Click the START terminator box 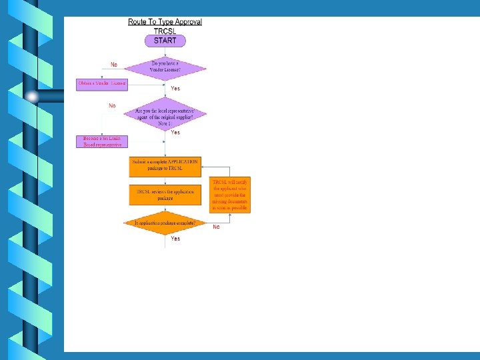(165, 41)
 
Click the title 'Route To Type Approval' (165, 21)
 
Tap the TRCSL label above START (165, 31)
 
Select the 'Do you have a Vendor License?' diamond (165, 67)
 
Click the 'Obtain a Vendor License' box (102, 83)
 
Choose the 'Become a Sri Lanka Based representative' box (103, 141)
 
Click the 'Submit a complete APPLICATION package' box (165, 165)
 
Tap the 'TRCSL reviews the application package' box (165, 195)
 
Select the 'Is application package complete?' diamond (165, 223)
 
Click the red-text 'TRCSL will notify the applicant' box (230, 195)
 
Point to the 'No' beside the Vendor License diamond (114, 65)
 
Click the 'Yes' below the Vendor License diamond (175, 89)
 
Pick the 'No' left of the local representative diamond (112, 106)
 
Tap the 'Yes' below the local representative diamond (175, 133)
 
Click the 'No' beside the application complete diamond (216, 227)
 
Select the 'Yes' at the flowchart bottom (175, 239)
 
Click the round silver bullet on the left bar (33, 96)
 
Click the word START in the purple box (165, 41)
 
